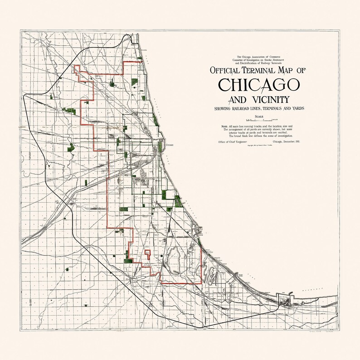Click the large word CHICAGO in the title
pos(259,85)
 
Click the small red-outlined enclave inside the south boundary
pos(147,252)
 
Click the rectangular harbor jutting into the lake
pos(288,297)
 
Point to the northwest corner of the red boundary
pos(75,67)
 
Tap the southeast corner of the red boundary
pos(201,282)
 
